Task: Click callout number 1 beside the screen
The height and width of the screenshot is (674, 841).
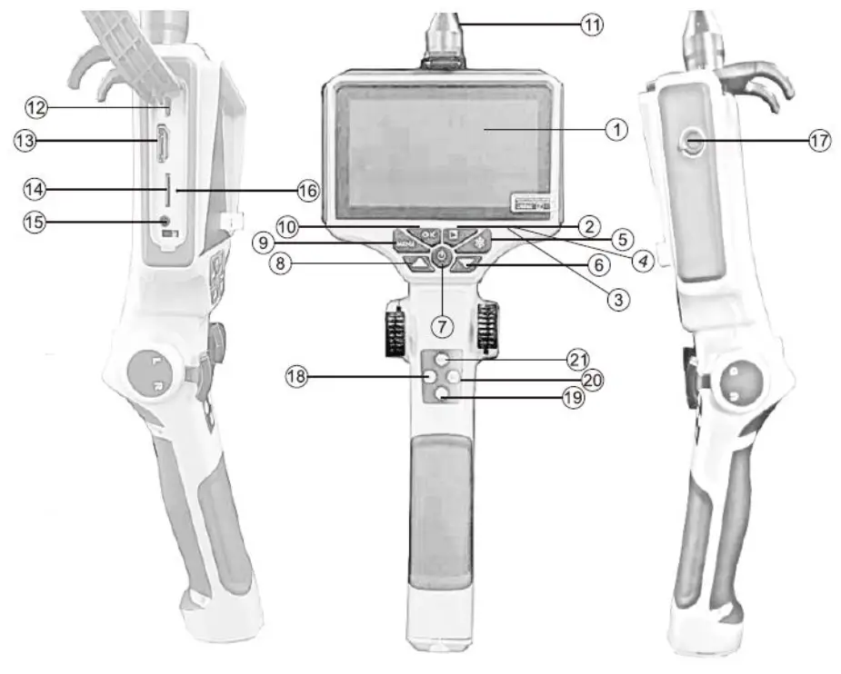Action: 617,130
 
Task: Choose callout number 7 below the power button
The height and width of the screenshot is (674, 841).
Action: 443,324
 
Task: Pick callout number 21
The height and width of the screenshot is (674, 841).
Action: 579,359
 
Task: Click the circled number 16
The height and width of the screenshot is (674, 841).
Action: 308,190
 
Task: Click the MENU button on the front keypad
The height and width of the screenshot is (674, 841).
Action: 406,243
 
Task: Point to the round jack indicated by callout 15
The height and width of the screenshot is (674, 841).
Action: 165,221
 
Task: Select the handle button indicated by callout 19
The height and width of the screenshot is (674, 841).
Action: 442,392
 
